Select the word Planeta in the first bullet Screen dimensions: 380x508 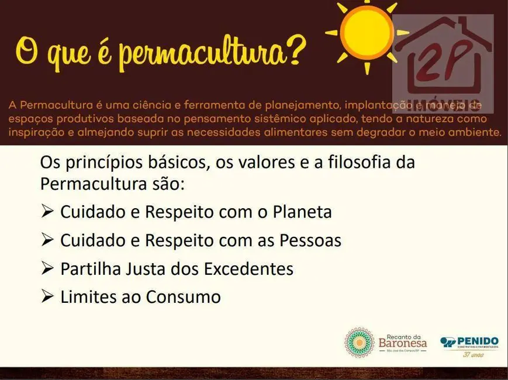pos(302,212)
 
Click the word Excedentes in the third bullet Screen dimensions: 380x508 pos(248,269)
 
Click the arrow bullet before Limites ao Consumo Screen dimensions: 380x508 pos(47,297)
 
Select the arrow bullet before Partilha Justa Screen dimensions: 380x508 pos(47,269)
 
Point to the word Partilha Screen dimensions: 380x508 pos(83,269)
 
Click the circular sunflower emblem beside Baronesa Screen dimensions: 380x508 pos(360,343)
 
